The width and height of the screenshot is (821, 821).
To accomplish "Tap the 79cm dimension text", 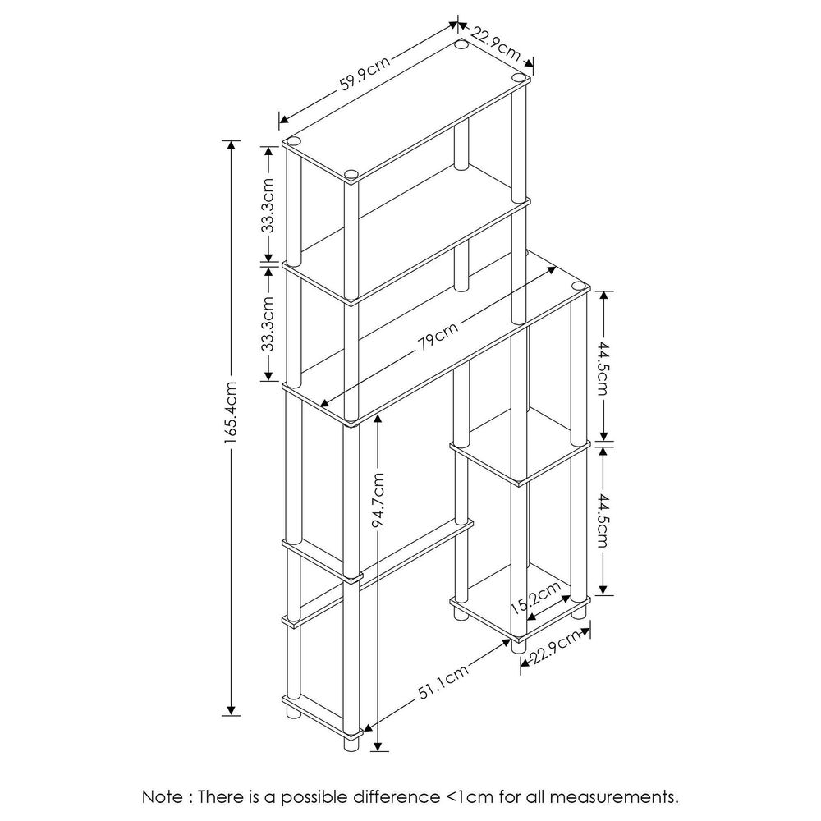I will point(436,337).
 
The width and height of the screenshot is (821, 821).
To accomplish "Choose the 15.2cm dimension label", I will point(536,597).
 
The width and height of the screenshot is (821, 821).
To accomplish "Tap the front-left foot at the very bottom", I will point(351,744).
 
